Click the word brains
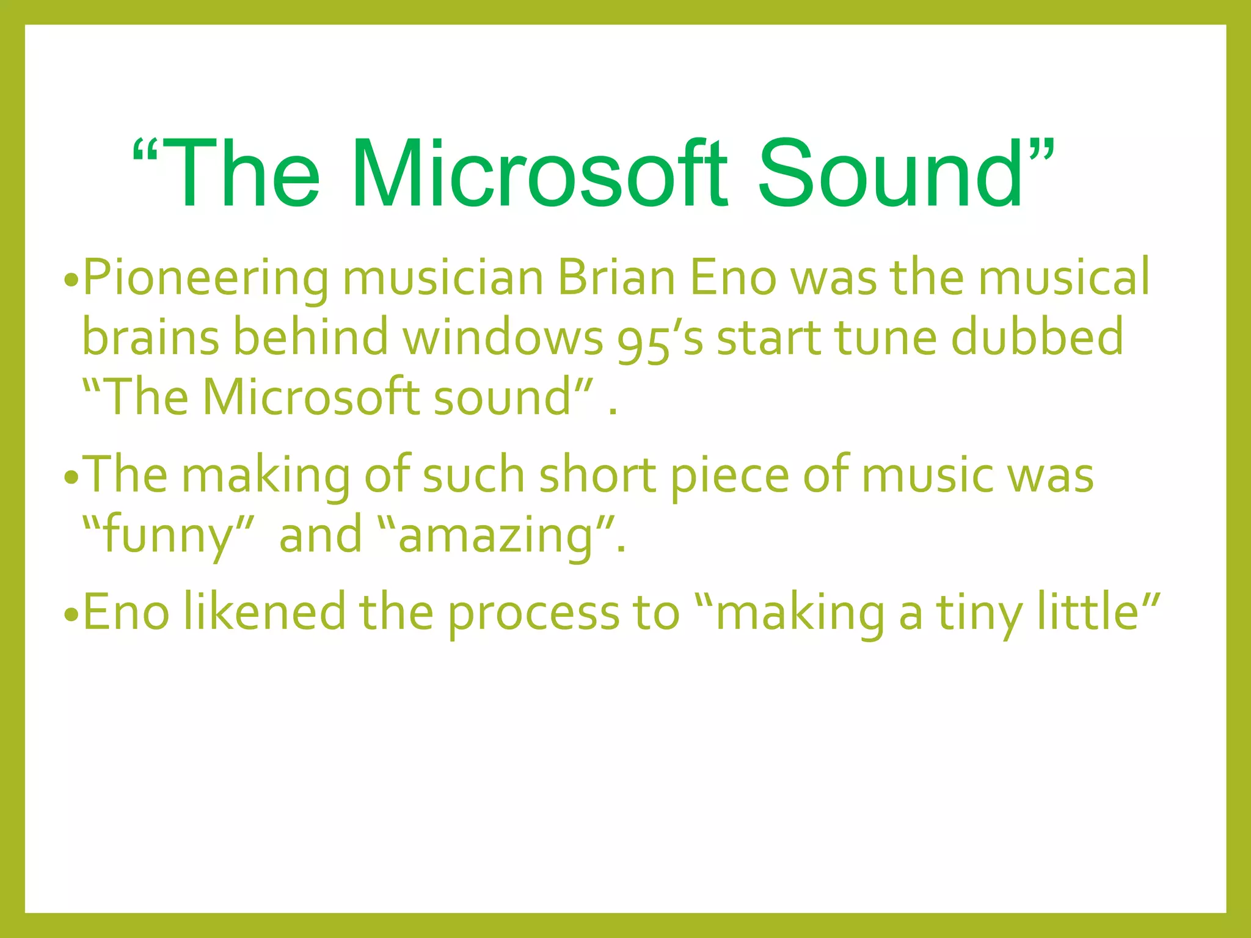coord(150,337)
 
